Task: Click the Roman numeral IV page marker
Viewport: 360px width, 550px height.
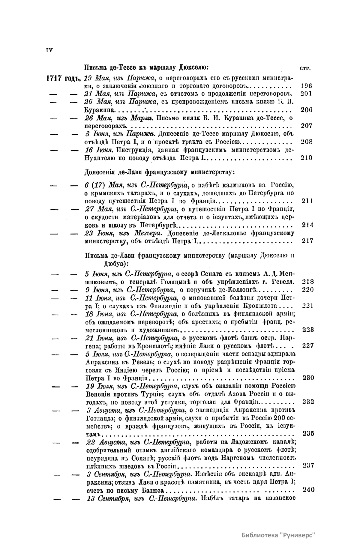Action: [49, 50]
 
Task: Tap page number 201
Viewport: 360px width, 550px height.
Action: [306, 93]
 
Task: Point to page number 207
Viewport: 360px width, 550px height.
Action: [306, 125]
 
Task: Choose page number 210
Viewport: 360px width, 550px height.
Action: [306, 158]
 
